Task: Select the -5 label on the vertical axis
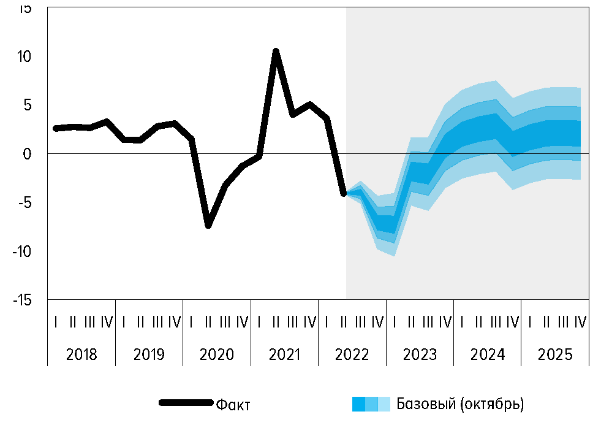tap(24, 202)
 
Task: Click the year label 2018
tap(81, 354)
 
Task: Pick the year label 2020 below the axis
tap(217, 354)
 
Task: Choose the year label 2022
tap(352, 354)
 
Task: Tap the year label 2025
tap(555, 354)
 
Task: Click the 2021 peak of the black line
tap(276, 51)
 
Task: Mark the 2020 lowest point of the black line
tap(208, 225)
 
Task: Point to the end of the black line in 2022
tap(344, 193)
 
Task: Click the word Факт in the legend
tap(233, 404)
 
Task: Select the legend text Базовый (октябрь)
tap(460, 404)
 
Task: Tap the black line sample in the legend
tap(186, 403)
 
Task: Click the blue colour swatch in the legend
tap(371, 404)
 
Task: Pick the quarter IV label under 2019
tap(175, 321)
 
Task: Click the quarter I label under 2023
tap(395, 321)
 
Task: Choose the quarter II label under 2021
tap(276, 321)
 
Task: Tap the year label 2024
tap(488, 354)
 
